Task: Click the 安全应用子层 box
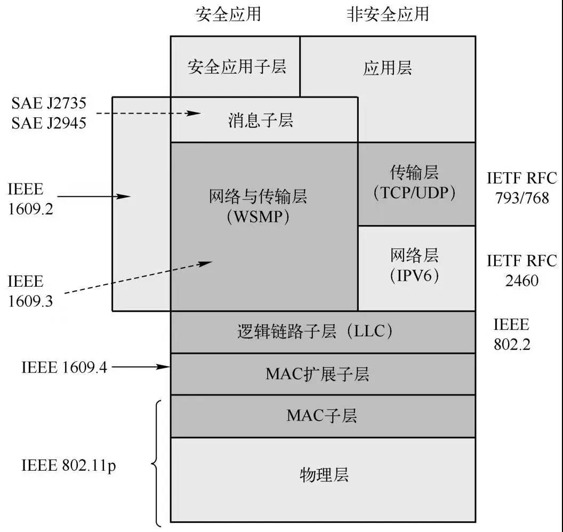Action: click(237, 67)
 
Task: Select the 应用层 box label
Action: click(388, 68)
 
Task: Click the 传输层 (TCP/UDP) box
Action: click(415, 183)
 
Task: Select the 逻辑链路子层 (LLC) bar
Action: click(316, 332)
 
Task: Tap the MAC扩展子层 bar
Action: click(317, 374)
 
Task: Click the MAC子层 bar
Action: click(321, 416)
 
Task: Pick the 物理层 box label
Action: click(324, 474)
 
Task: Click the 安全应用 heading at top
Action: click(228, 14)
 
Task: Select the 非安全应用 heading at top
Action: click(388, 14)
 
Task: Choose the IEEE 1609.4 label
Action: click(64, 367)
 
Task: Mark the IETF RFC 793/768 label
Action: click(521, 188)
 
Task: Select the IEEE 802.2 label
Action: click(511, 334)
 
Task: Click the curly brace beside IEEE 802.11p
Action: click(157, 463)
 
